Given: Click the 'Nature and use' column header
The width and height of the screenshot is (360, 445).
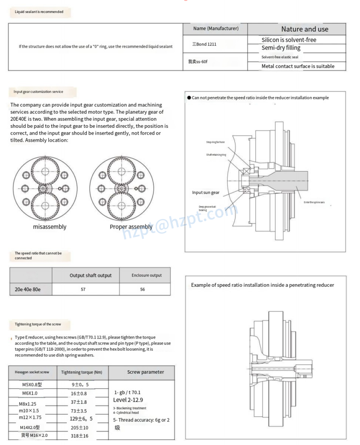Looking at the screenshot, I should pos(304,29).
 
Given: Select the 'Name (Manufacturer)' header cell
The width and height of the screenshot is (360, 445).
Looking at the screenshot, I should pos(215,29).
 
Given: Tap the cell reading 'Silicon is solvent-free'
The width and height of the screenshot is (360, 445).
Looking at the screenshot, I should pos(289,40).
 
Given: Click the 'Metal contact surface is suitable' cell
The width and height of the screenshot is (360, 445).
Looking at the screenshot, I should pos(298,66).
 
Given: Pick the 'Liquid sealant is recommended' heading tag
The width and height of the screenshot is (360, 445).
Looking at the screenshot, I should pos(39,12).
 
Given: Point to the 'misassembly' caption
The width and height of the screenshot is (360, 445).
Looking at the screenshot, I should pos(50,226).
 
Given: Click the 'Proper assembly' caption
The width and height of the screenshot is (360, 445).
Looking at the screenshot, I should pos(131,226).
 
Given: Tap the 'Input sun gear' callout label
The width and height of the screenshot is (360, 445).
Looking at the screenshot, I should pos(206,192).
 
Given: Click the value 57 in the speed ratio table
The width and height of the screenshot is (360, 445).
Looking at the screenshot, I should pos(83,289).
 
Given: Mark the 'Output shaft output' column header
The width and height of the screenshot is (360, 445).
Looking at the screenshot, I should pos(90,275).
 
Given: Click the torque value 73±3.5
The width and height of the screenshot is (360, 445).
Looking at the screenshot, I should pos(79,411).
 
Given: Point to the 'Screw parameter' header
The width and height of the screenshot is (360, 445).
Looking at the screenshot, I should pos(145,372).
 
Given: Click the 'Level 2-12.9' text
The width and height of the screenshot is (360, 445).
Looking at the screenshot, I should pos(128,399).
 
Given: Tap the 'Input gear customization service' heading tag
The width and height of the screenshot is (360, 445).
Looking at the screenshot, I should pos(38,92).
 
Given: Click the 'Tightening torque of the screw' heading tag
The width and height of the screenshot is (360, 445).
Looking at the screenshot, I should pos(38,324).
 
